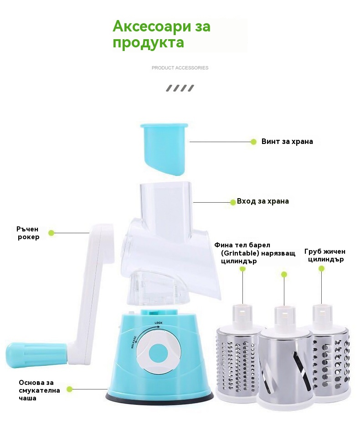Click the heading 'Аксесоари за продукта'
point(162,34)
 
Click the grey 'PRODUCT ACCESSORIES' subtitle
point(180,68)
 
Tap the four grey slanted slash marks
point(180,88)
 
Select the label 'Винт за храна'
point(287,142)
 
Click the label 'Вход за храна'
point(262,201)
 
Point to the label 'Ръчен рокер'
point(28,233)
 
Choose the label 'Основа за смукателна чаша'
point(39,390)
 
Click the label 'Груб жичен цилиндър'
point(325,256)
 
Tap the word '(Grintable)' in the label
point(239,253)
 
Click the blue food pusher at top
point(164,148)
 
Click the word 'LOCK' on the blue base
point(159,323)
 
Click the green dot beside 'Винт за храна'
point(253,142)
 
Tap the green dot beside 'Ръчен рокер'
point(51,233)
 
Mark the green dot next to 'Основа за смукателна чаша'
point(70,389)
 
